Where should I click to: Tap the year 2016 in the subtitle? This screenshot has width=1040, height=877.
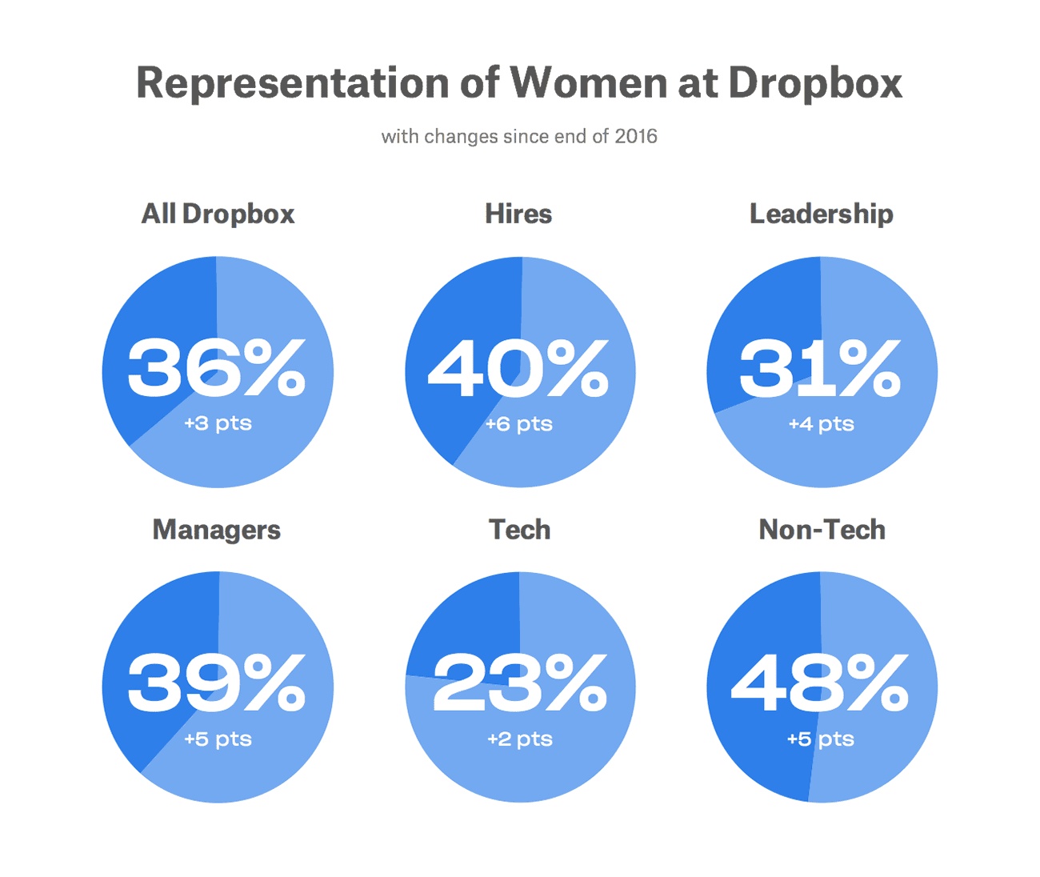click(x=635, y=136)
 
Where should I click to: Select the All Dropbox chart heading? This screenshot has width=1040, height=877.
click(x=218, y=214)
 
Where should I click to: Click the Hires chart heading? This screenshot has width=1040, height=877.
click(x=518, y=214)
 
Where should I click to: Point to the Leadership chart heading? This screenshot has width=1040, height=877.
click(x=821, y=214)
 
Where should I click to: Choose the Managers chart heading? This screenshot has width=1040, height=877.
click(x=216, y=530)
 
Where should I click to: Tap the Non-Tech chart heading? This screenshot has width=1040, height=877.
click(x=822, y=530)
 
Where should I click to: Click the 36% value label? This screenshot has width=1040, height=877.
click(x=217, y=368)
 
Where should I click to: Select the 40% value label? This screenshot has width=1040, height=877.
click(x=518, y=368)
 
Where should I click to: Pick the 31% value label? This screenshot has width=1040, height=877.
click(x=821, y=368)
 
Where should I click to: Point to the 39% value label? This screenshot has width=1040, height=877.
click(x=217, y=683)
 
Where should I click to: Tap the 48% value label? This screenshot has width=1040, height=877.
click(x=821, y=683)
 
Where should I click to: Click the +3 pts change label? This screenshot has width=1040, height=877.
click(x=218, y=423)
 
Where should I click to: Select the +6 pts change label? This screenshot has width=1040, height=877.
click(x=519, y=424)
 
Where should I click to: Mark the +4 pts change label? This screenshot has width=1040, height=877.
click(x=821, y=424)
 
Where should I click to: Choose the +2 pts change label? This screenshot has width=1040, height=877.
click(x=520, y=739)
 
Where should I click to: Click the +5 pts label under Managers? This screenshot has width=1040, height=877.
click(x=218, y=739)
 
